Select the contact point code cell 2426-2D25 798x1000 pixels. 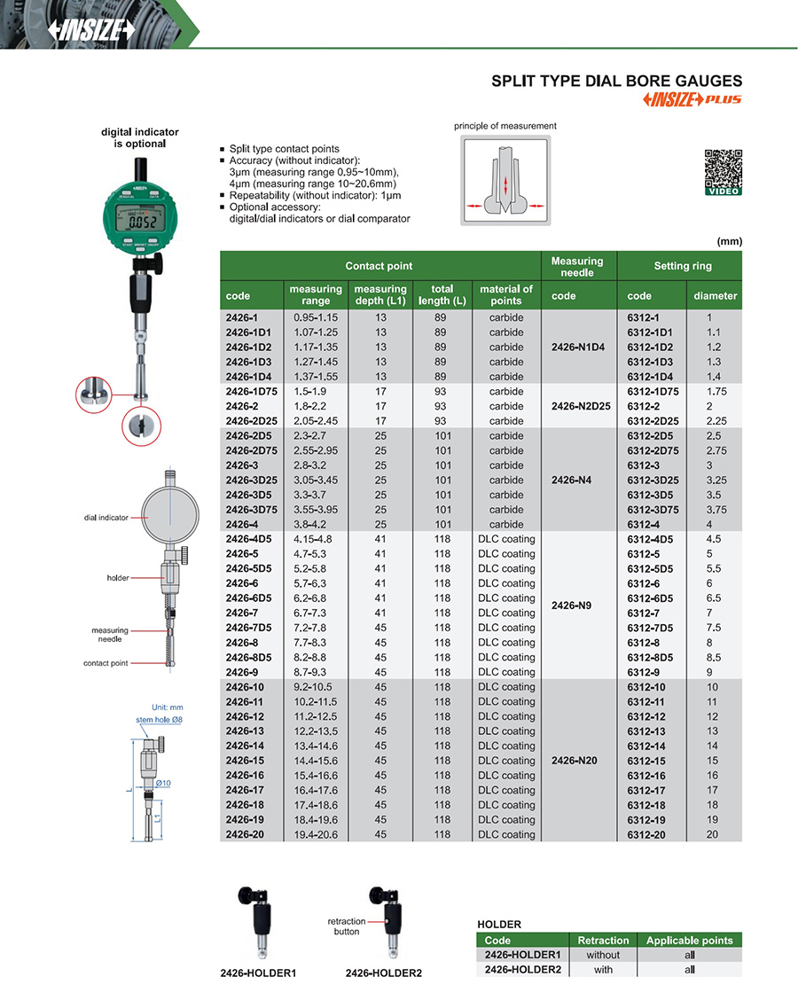pyautogui.click(x=252, y=421)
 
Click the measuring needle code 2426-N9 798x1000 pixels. pyautogui.click(x=577, y=605)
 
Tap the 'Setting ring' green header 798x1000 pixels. pyautogui.click(x=683, y=266)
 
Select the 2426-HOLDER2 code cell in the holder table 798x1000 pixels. pyautogui.click(x=523, y=970)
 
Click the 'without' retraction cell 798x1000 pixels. pyautogui.click(x=603, y=955)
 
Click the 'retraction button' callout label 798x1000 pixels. pyautogui.click(x=347, y=926)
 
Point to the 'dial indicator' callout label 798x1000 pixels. pyautogui.click(x=106, y=517)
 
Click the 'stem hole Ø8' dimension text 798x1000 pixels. pyautogui.click(x=160, y=719)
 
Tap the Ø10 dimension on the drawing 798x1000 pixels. pyautogui.click(x=163, y=784)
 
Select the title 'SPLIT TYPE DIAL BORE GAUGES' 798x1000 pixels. pyautogui.click(x=616, y=81)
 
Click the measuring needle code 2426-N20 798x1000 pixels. pyautogui.click(x=577, y=761)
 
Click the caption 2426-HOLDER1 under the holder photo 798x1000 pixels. pyautogui.click(x=258, y=973)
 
